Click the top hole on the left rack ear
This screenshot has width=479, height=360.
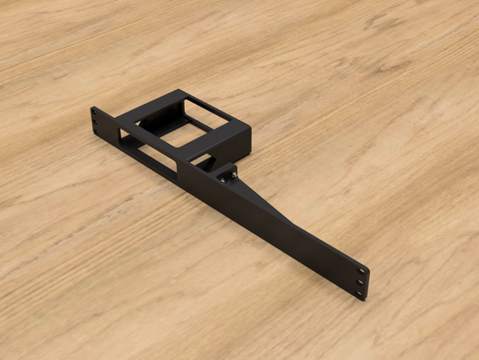pos(94,115)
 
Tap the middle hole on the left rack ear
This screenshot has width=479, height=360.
pos(95,123)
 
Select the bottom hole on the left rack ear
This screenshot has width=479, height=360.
pos(96,132)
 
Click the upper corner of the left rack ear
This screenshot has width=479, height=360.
pos(92,108)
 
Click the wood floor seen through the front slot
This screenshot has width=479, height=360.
pos(155,159)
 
